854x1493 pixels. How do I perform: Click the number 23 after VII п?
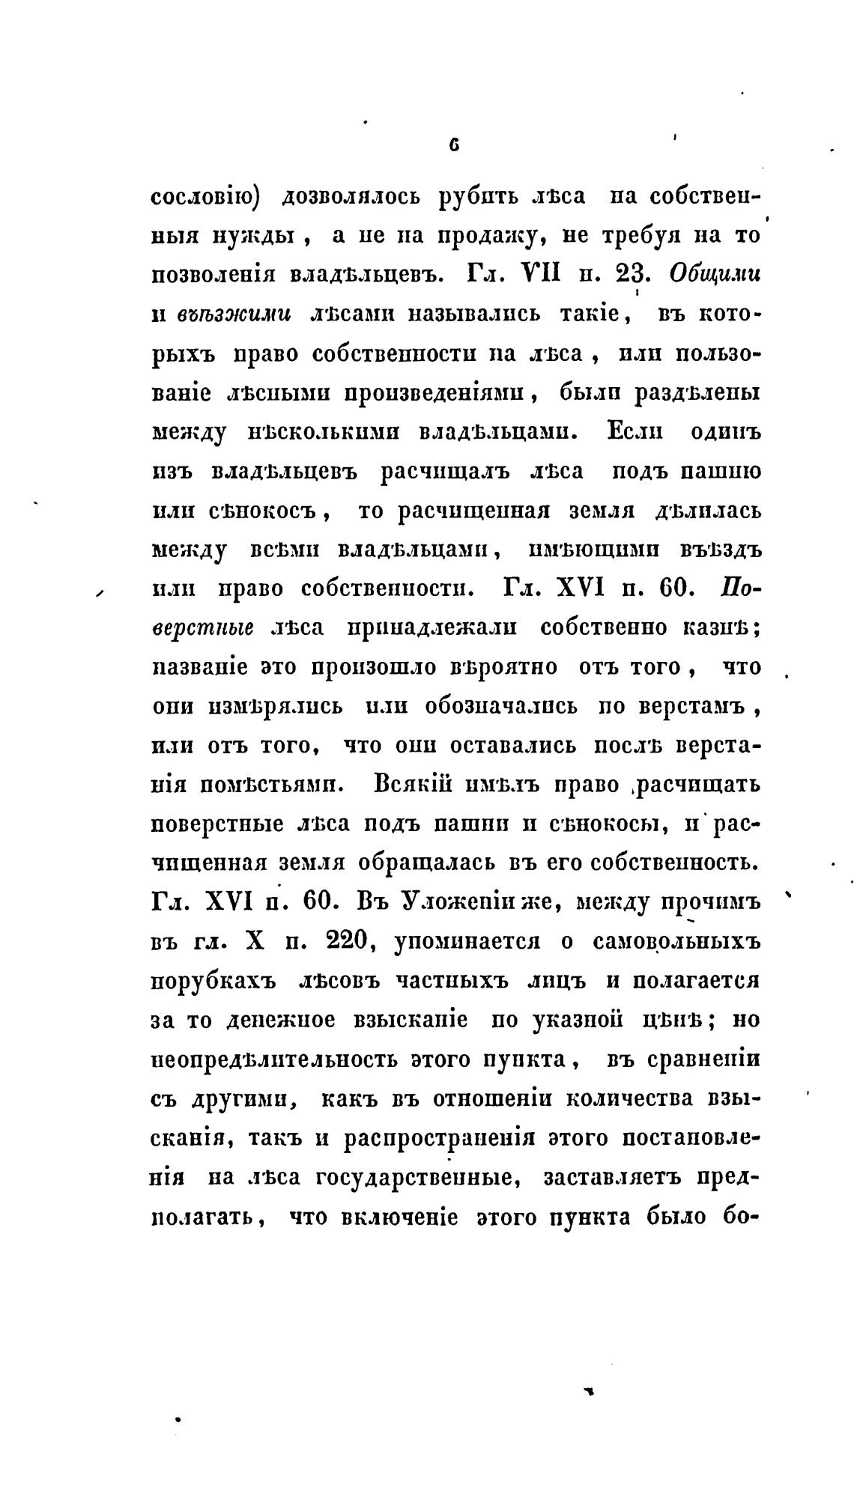[635, 275]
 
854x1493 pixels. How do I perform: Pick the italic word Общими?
[714, 275]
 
